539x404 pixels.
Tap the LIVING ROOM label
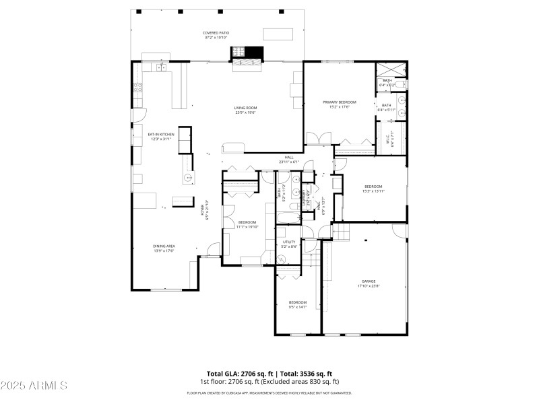tap(245, 108)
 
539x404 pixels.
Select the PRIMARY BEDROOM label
tap(339, 102)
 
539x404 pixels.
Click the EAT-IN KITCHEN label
tap(161, 135)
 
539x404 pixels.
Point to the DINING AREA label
tap(164, 246)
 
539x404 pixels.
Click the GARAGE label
tap(369, 281)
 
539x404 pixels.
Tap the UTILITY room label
tap(289, 242)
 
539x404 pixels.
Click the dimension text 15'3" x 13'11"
tap(373, 191)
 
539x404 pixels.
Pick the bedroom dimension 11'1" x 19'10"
tap(247, 227)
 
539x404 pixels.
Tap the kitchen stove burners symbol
tap(137, 86)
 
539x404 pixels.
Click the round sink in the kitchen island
tap(188, 178)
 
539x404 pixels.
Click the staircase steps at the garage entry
tap(342, 232)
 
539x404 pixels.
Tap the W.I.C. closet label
tap(387, 141)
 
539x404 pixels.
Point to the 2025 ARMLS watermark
tap(34, 386)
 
